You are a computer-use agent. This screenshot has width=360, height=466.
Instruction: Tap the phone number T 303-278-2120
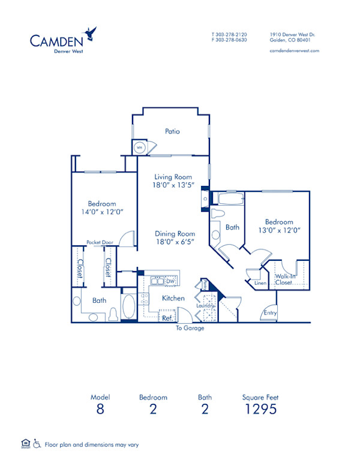229,35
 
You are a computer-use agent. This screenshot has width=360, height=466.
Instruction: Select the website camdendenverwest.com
295,51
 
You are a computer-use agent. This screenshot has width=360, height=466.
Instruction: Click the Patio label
173,131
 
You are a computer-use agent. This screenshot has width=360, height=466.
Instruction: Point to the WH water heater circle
139,147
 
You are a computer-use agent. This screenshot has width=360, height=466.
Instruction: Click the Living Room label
173,177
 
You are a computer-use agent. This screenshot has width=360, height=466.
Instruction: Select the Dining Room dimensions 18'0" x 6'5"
175,243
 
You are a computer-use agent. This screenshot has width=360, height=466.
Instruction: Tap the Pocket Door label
100,242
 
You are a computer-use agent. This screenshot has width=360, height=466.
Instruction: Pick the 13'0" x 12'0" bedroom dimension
280,230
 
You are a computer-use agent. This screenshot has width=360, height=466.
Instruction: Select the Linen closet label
260,282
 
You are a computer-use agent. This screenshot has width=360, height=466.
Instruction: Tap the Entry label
270,312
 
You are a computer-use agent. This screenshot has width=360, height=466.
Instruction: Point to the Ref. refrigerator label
166,318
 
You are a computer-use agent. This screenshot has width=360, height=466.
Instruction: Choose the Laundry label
206,306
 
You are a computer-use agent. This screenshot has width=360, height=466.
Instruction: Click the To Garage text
190,328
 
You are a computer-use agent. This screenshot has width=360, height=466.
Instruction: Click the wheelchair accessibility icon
37,444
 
